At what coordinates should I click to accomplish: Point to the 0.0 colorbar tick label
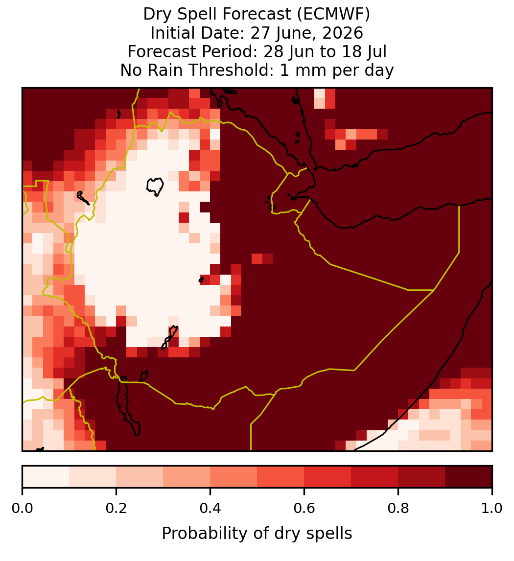[22, 508]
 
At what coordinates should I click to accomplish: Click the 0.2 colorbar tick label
[116, 508]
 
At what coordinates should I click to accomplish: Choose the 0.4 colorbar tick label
[210, 508]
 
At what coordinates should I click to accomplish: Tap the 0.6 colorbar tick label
[304, 508]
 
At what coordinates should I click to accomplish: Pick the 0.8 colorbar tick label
[398, 508]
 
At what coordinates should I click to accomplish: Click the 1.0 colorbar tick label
[492, 508]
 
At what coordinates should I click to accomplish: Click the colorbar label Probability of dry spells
[257, 534]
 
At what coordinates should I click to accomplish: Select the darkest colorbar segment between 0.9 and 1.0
[468, 477]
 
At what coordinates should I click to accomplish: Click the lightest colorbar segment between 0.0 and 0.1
[46, 477]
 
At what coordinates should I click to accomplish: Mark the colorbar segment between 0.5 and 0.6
[281, 477]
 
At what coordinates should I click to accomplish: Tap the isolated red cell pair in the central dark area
[262, 258]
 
